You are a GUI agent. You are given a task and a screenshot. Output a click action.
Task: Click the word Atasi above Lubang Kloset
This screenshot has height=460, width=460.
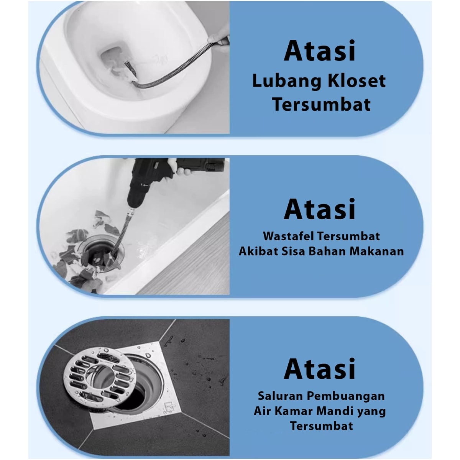point(319,51)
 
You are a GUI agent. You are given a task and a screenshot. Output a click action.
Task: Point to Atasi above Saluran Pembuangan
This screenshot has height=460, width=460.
point(319,368)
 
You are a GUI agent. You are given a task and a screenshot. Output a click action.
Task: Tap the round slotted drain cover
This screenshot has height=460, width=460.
point(100,377)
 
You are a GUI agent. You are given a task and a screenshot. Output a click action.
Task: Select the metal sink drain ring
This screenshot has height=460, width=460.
point(101,253)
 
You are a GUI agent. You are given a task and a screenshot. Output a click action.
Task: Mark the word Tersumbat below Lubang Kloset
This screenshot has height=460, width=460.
point(321,104)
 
